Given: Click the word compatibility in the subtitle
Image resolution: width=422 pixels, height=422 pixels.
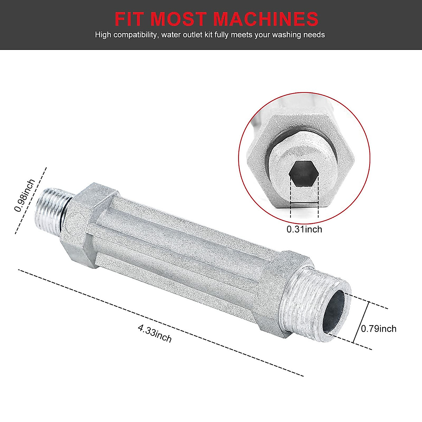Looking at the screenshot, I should coord(135,35).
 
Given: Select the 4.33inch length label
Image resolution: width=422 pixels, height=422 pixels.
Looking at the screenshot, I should coord(155,333).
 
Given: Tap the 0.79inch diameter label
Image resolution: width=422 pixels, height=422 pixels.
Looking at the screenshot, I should coord(379,329).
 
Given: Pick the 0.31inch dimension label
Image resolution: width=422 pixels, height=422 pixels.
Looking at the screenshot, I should coord(304,229).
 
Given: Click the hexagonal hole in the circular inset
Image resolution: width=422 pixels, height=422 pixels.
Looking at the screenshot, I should coord(304,173).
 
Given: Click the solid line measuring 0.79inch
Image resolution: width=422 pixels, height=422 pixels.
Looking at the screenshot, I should coord(361,322).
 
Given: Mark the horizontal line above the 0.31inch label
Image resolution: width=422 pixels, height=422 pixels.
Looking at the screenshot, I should coord(304,203).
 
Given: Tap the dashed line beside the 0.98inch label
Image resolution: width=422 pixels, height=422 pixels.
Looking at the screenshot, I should coord(31,200).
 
